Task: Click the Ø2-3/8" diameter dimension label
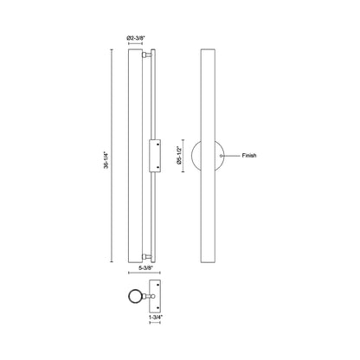point(136,38)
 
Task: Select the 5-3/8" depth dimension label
point(145,268)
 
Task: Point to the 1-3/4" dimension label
point(156,317)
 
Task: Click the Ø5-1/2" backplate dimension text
point(179,156)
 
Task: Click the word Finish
point(249,156)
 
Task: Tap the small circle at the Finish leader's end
point(221,156)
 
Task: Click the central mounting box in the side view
point(155,156)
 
